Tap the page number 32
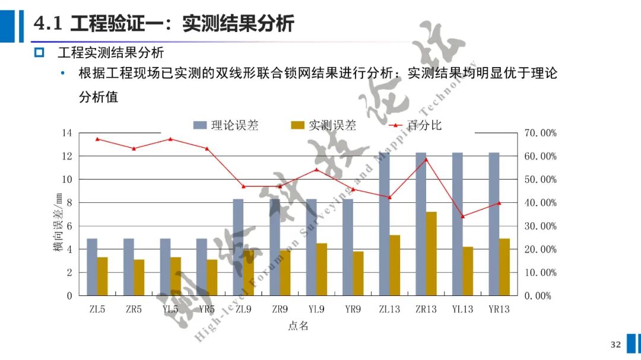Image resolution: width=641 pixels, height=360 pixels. click(x=615, y=345)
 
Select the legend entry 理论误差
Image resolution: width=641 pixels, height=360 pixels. click(x=226, y=125)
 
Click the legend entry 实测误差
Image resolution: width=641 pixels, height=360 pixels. click(x=323, y=125)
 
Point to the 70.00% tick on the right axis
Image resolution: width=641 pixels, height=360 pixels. click(x=541, y=133)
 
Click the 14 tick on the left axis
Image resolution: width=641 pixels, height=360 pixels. click(x=66, y=133)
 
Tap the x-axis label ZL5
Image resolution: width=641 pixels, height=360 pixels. click(x=97, y=309)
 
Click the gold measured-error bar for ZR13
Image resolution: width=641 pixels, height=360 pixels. click(x=431, y=254)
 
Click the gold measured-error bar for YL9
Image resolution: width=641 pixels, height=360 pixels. click(x=321, y=269)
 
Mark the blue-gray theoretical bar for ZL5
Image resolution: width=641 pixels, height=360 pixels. click(x=92, y=267)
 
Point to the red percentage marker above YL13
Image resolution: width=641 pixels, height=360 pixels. click(x=462, y=216)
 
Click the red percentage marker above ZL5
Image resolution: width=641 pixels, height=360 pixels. click(x=97, y=139)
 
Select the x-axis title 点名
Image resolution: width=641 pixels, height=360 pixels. click(x=298, y=326)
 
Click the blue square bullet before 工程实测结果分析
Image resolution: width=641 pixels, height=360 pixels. click(x=39, y=53)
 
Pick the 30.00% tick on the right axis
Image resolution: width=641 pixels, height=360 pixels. click(x=541, y=226)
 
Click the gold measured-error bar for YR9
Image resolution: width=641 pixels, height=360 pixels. click(x=358, y=273)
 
